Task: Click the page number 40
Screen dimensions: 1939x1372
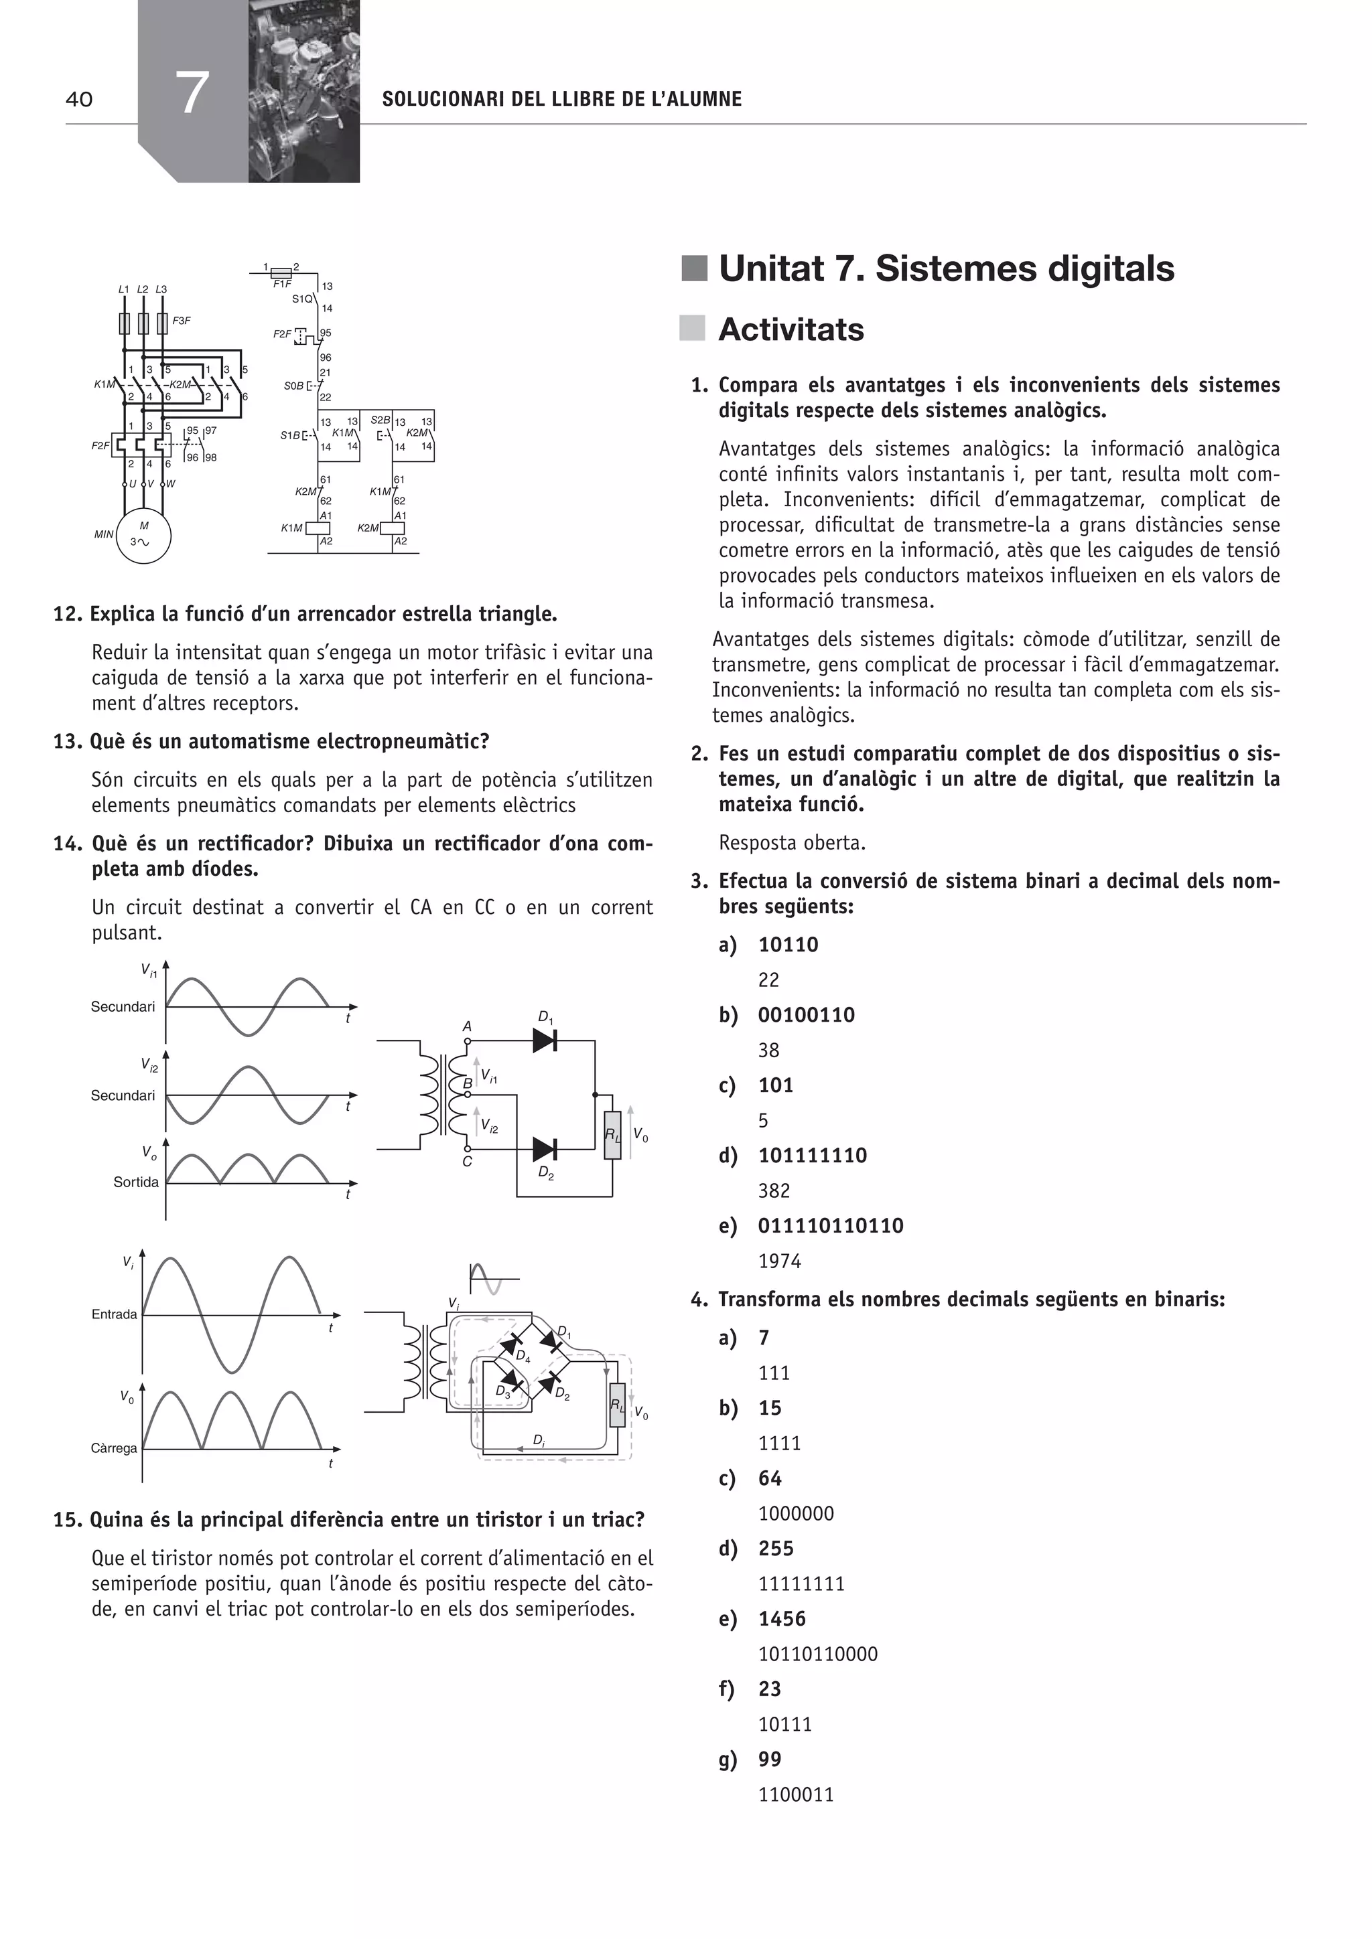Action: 80,100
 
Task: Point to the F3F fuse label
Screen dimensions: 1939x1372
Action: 182,321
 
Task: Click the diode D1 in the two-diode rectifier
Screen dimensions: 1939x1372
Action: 544,1040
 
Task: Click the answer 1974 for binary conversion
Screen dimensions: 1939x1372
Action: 779,1261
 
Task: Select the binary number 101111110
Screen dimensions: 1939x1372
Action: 812,1155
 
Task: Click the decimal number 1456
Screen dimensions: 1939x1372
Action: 782,1618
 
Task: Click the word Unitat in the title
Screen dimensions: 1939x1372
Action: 770,268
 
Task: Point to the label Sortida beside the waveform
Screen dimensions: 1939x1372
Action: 136,1182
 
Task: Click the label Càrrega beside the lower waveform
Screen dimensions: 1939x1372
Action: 114,1448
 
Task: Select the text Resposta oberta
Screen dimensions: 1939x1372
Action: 792,843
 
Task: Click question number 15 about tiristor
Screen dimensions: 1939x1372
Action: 68,1520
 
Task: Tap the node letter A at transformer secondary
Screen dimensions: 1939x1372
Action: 466,1027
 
